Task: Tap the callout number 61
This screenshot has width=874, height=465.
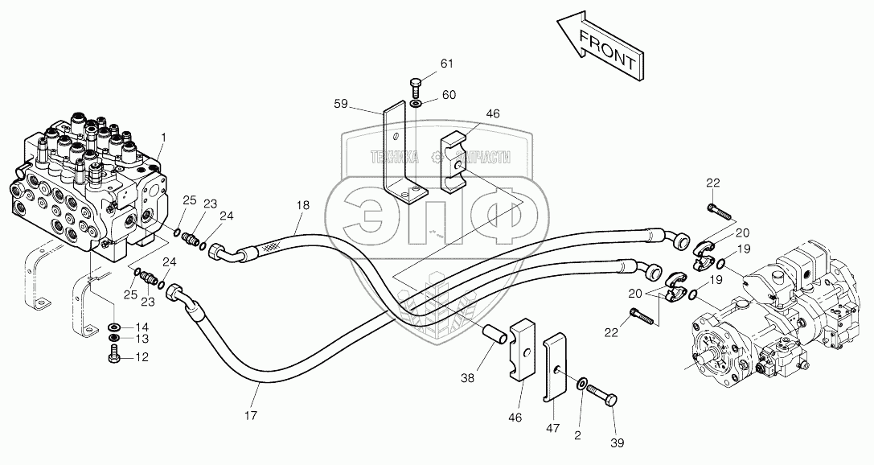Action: point(447,64)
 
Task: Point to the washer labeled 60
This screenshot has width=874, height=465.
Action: point(414,103)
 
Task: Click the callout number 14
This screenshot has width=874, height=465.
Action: point(142,327)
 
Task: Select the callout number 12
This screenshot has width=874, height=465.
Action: point(142,357)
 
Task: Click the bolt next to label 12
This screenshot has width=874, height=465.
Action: point(113,356)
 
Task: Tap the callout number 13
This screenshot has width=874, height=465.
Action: point(142,342)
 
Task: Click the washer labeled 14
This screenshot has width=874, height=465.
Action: point(114,327)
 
